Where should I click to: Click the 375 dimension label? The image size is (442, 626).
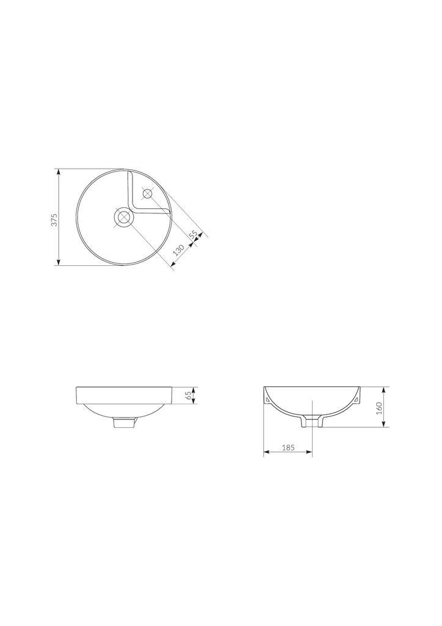pyautogui.click(x=54, y=220)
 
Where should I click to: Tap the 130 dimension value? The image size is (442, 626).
pyautogui.click(x=179, y=250)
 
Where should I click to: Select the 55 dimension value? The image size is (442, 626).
pyautogui.click(x=194, y=237)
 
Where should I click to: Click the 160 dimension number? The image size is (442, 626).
pyautogui.click(x=379, y=407)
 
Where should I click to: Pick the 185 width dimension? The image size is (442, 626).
pyautogui.click(x=288, y=447)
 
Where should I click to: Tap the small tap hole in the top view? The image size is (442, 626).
pyautogui.click(x=147, y=194)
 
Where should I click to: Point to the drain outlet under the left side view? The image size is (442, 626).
pyautogui.click(x=124, y=422)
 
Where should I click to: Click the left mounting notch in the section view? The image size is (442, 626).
pyautogui.click(x=269, y=401)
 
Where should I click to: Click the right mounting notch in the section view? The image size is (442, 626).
pyautogui.click(x=355, y=401)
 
